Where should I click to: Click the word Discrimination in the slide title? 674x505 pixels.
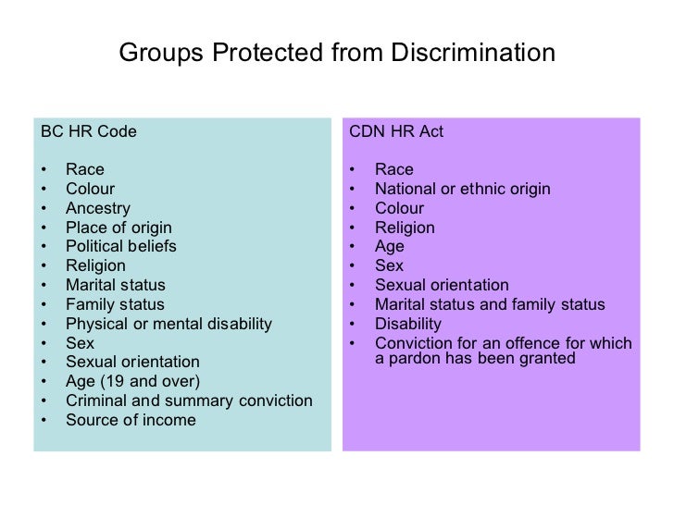coord(475,54)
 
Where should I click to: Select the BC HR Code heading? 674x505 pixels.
coord(89,131)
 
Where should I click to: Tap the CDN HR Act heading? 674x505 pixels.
coord(396,131)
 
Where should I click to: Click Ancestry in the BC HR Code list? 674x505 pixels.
coord(98,208)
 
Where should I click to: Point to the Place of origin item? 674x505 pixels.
coord(119,228)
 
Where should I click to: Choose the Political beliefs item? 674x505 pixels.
coord(121,246)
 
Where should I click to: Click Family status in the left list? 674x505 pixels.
coord(115,304)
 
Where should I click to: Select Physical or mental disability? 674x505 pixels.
coord(168,324)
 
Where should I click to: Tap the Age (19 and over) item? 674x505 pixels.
coord(132,381)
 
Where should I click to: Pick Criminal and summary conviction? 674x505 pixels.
coord(189,400)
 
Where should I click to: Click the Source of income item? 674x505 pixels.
coord(131,420)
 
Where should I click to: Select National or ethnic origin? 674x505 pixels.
coord(462,189)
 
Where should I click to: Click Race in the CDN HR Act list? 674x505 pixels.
coord(393,169)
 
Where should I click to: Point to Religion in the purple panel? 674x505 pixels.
coord(405,228)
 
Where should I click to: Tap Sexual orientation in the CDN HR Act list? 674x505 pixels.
coord(442,285)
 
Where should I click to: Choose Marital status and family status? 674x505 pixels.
coord(489,304)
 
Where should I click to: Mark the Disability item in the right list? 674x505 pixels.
coord(407,324)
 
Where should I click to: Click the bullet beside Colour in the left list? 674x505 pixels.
coord(44,190)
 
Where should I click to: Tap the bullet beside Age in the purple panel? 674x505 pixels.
coord(353,247)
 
